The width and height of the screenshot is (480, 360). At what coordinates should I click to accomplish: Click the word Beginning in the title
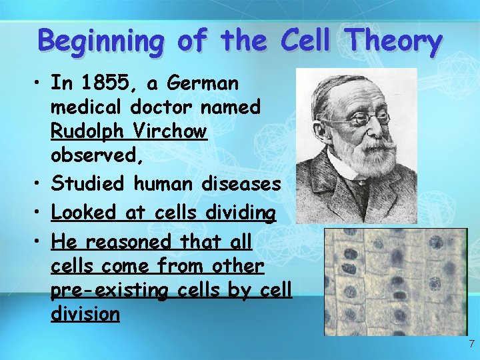point(100,41)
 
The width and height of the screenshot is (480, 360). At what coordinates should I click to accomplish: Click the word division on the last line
point(85,313)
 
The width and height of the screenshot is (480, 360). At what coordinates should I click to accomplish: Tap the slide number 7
point(471,345)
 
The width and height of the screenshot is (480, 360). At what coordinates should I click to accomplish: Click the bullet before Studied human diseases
point(38,183)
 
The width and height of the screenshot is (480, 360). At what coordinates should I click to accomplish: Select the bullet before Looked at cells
point(38,213)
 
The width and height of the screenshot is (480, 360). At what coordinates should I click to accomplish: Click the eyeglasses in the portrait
point(366,119)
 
